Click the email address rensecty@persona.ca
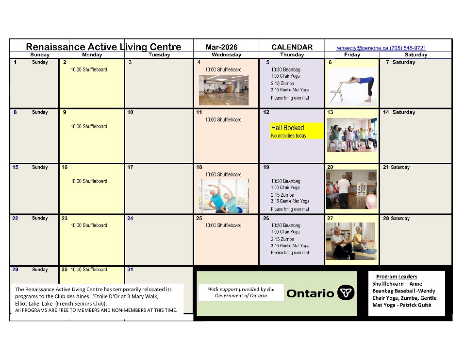point(362,48)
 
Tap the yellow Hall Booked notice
point(297,131)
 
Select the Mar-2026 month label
point(221,47)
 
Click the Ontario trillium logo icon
point(346,293)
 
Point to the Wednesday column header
point(226,55)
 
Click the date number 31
point(130,270)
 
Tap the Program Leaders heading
point(396,276)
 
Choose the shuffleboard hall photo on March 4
point(223,90)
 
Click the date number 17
point(130,167)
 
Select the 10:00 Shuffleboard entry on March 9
point(89,127)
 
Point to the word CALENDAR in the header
point(292,47)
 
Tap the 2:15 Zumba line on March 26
point(282,239)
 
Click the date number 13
point(330,112)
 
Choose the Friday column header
point(352,55)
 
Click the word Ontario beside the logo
point(310,293)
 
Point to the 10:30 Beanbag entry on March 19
point(285,181)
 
